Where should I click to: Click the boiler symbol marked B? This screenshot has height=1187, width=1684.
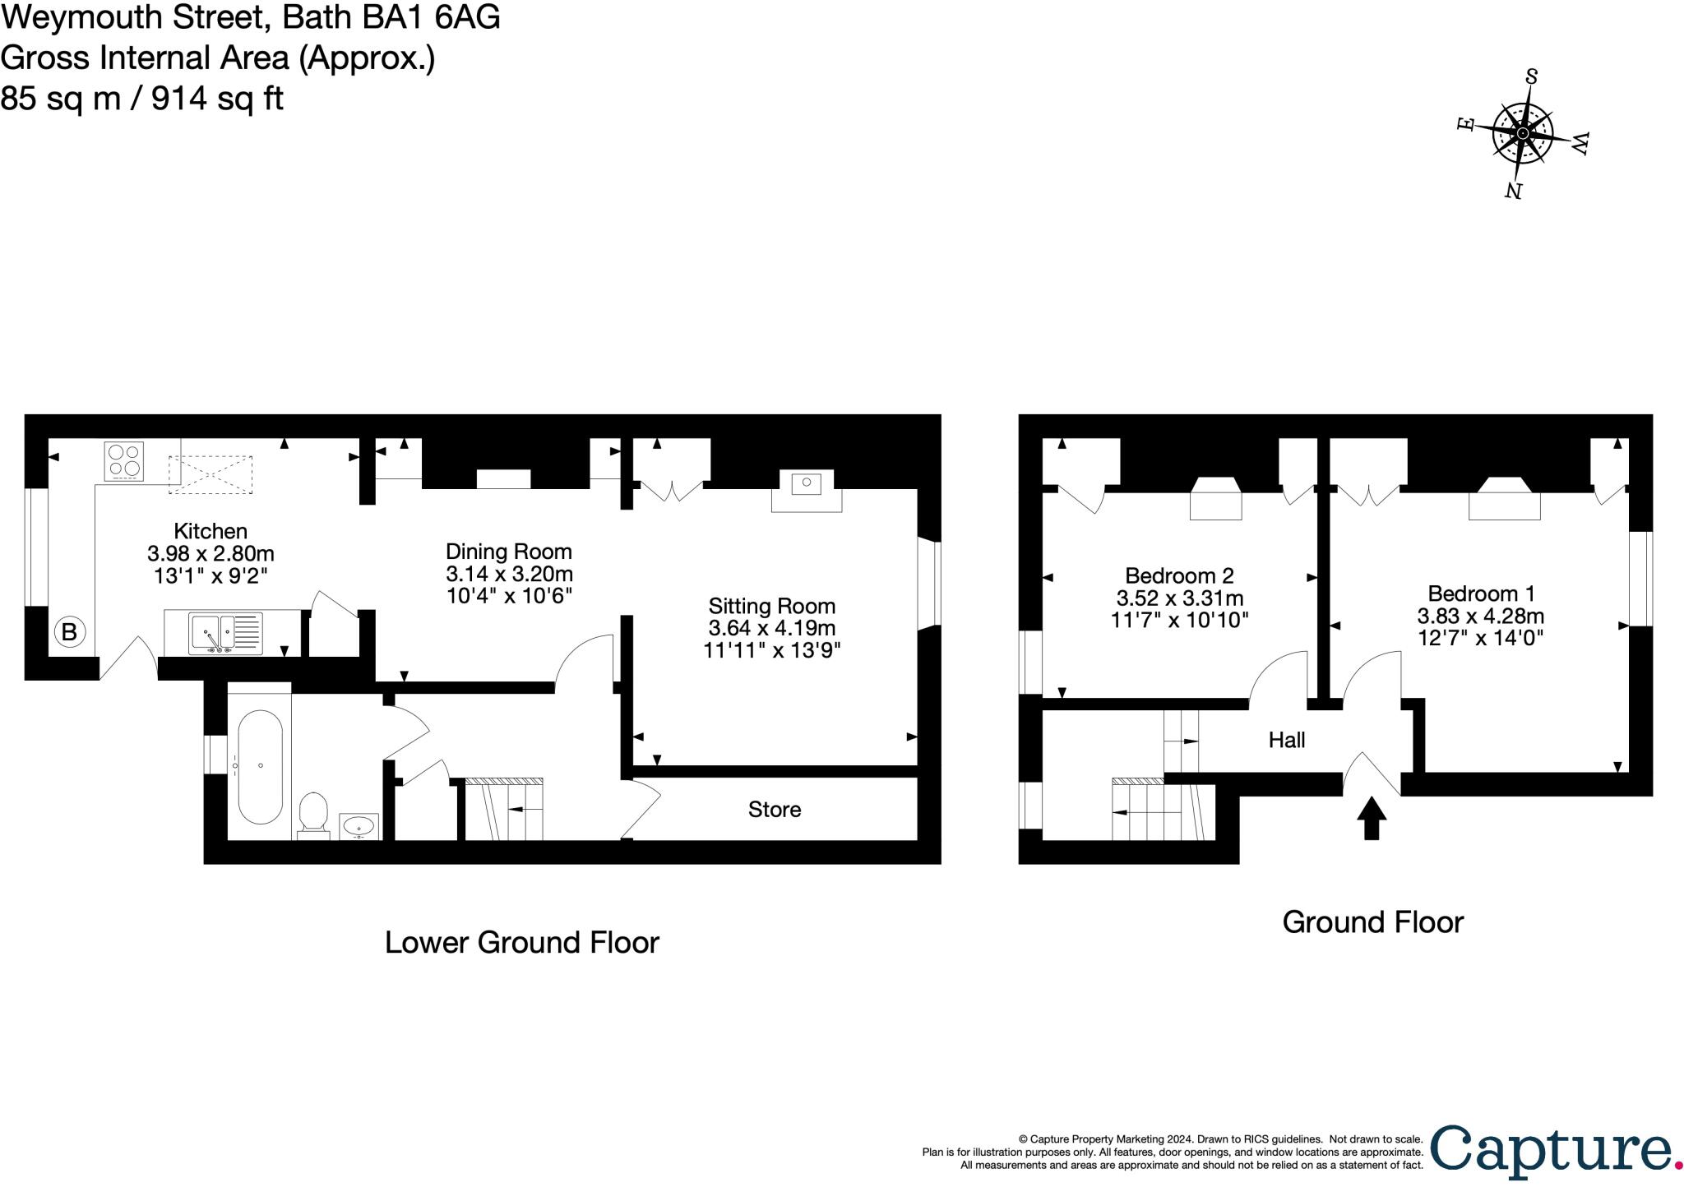tap(70, 632)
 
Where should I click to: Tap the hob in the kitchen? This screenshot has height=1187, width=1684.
tap(124, 461)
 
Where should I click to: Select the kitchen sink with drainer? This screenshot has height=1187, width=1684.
tap(225, 634)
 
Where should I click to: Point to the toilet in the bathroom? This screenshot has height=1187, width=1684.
tap(313, 813)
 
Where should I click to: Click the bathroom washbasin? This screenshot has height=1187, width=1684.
tap(359, 824)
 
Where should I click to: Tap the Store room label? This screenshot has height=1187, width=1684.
tap(774, 810)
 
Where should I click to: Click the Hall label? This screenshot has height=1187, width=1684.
tap(1287, 741)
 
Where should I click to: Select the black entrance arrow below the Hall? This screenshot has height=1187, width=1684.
tap(1372, 818)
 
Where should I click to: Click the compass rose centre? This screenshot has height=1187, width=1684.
tap(1523, 133)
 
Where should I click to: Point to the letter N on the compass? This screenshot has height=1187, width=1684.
tap(1512, 191)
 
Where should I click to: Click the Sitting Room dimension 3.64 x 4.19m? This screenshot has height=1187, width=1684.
tap(772, 629)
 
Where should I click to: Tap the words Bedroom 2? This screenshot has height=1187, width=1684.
tap(1179, 575)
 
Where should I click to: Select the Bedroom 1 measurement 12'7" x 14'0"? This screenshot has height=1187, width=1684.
tap(1480, 637)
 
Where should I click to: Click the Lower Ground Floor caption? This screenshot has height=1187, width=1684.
tap(521, 942)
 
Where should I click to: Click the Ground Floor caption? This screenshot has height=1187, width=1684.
tap(1372, 921)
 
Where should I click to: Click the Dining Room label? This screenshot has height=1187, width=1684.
tap(508, 552)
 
